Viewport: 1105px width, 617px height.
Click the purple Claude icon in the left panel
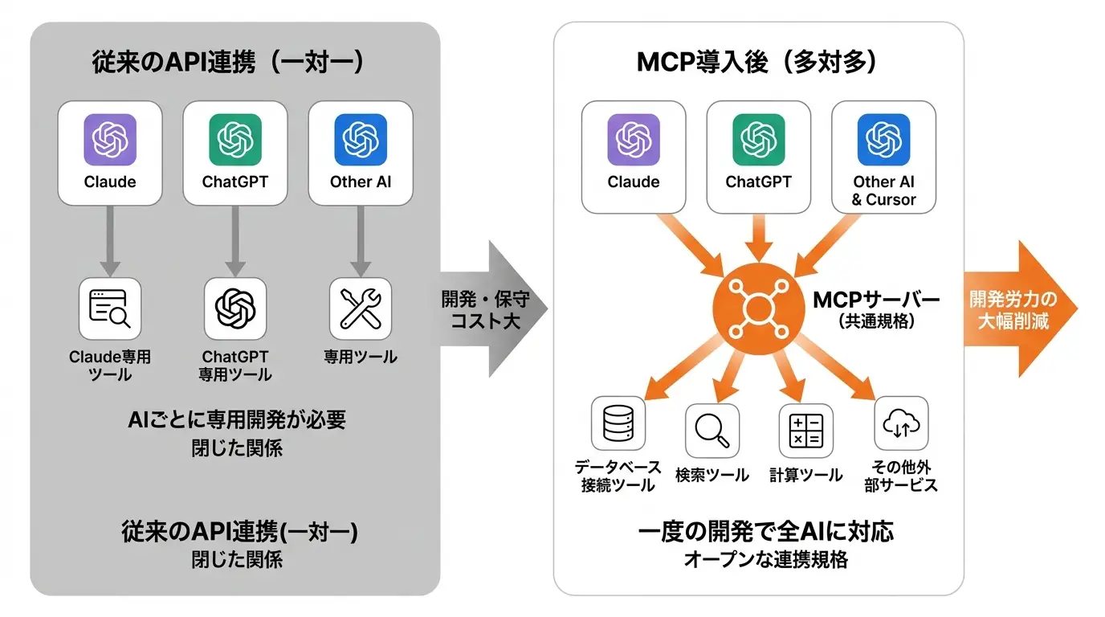tap(110, 140)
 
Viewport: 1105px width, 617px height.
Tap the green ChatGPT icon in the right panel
tap(759, 140)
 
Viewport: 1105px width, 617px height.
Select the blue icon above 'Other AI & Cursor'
tap(884, 140)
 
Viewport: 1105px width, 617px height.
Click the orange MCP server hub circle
tap(759, 309)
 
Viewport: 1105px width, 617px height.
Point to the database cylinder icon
tap(618, 423)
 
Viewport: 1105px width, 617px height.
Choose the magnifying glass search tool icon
tap(712, 431)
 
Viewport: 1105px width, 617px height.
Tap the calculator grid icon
tap(806, 431)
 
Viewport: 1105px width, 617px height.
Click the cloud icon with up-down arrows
tap(901, 423)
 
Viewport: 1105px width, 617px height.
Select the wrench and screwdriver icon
tap(361, 309)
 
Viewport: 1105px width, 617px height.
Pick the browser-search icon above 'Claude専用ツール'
tap(109, 309)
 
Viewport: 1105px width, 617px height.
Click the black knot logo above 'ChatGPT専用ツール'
tap(235, 309)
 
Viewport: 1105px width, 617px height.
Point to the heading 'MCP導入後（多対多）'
tap(758, 62)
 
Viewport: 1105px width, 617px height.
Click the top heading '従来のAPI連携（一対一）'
tap(229, 62)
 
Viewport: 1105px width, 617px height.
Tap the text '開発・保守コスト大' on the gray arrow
tap(485, 310)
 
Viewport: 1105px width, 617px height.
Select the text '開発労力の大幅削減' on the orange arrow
tap(1013, 310)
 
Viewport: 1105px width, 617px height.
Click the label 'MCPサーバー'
tap(876, 300)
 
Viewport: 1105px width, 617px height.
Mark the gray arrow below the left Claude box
tap(110, 241)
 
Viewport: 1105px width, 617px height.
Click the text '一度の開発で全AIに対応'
tap(765, 532)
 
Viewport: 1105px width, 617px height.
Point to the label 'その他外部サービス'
tap(901, 476)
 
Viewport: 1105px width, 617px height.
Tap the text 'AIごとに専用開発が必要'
tap(237, 420)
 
